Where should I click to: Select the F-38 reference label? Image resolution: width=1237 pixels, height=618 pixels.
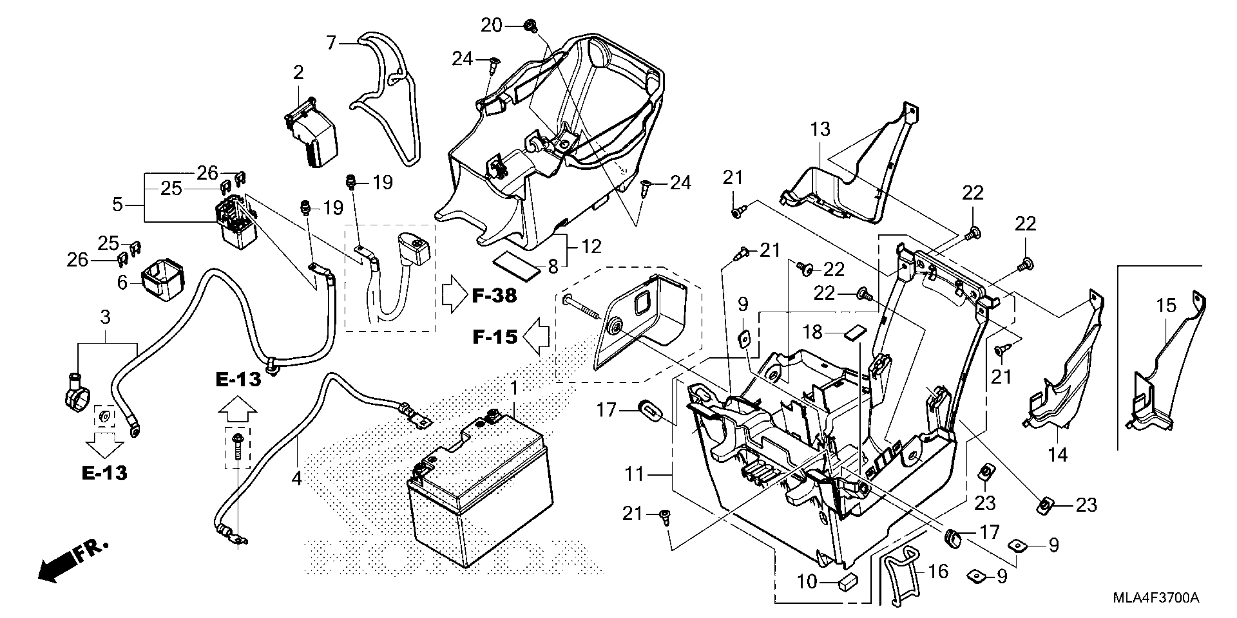click(494, 296)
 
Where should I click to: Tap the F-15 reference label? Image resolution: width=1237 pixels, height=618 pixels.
click(495, 337)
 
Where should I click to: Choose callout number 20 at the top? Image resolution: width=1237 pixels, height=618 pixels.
click(491, 25)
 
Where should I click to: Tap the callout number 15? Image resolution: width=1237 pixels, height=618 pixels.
click(1166, 305)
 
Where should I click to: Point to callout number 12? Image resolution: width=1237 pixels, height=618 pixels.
click(591, 246)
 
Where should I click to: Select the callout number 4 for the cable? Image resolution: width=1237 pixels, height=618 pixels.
click(297, 478)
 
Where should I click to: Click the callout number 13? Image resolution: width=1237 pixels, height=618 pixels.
click(820, 129)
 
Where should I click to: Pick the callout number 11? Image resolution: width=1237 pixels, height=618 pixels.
click(634, 474)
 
